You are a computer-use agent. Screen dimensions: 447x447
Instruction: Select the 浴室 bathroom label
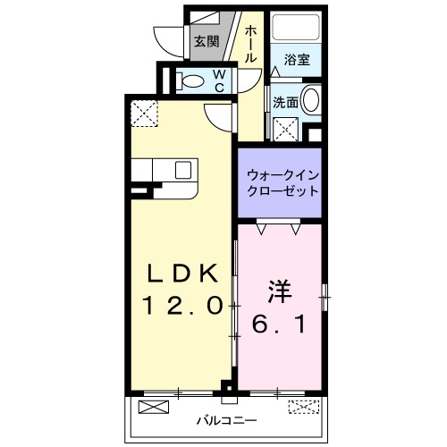[x=297, y=61]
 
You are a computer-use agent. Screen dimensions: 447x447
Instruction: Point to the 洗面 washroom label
[x=285, y=102]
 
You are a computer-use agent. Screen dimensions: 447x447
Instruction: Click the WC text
[x=217, y=81]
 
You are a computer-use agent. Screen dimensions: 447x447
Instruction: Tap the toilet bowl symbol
[x=191, y=81]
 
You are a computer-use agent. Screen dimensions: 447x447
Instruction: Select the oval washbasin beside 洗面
[x=311, y=100]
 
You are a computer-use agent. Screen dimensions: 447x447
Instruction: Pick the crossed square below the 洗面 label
[x=286, y=129]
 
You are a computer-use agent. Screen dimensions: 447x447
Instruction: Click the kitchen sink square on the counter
[x=183, y=170]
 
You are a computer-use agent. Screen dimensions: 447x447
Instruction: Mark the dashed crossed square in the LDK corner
[x=145, y=114]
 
